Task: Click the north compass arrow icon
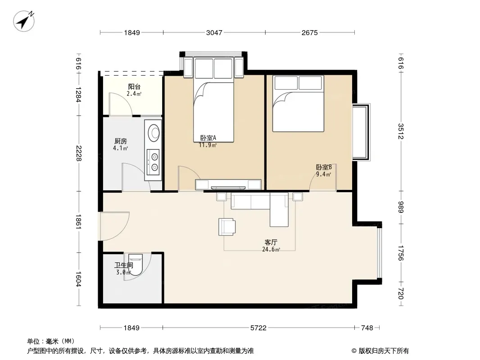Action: click(24, 21)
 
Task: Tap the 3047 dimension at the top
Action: click(214, 32)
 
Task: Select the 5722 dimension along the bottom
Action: click(258, 328)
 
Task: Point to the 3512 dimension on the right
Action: click(401, 131)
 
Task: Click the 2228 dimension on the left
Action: click(79, 153)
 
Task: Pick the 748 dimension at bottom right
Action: click(367, 328)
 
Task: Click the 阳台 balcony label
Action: click(134, 87)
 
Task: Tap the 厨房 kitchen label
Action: click(121, 141)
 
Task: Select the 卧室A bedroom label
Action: click(208, 138)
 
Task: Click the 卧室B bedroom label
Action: click(324, 167)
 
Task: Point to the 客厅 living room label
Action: click(271, 242)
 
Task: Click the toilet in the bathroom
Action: click(135, 264)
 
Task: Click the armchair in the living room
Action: click(227, 227)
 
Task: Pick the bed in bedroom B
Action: click(298, 103)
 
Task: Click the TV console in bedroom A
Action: click(228, 184)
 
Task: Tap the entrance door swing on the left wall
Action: click(114, 226)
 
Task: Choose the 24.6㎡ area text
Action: click(271, 249)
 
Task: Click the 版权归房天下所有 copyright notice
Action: click(380, 351)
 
